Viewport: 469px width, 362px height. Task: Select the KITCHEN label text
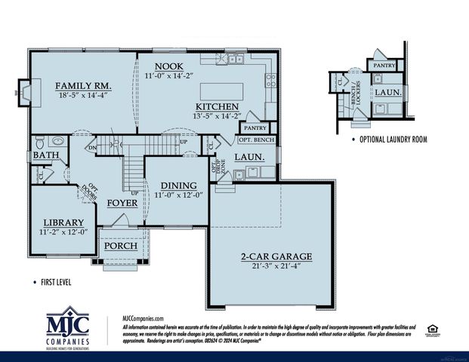218,106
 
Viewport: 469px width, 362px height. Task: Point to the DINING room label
175,185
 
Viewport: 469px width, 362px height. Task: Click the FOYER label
122,202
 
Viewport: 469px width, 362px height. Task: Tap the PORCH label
120,247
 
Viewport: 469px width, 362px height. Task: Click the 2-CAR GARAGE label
276,256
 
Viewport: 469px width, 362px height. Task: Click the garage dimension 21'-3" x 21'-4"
276,266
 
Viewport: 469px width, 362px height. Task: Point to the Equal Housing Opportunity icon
432,328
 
